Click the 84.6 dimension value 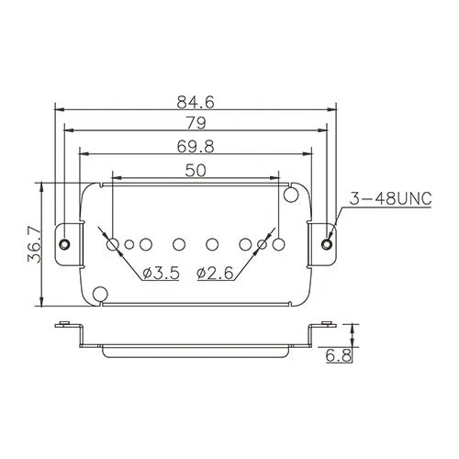tap(196, 102)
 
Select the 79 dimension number tap(196, 123)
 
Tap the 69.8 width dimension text tap(196, 147)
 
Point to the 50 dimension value tap(196, 171)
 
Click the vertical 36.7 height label tap(34, 244)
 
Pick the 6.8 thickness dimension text tap(339, 356)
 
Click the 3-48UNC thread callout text tap(391, 199)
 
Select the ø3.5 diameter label tap(161, 273)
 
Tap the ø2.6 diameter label tap(215, 273)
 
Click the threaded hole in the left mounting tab tap(64, 244)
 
